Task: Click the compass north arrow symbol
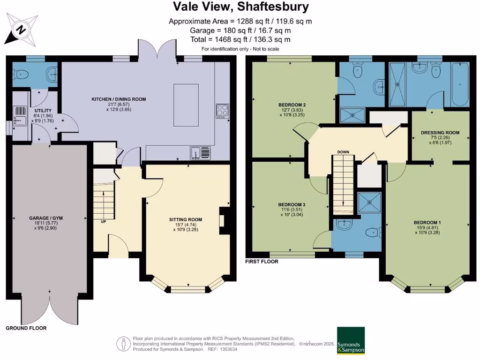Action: (21, 30)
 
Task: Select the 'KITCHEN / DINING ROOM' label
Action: (119, 99)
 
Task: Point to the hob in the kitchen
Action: (221, 110)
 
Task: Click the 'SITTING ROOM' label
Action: (186, 219)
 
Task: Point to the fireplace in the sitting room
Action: (225, 220)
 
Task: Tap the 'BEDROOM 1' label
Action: (427, 222)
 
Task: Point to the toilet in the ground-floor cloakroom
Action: (21, 75)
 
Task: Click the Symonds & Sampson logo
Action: (351, 340)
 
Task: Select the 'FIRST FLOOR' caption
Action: (262, 262)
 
